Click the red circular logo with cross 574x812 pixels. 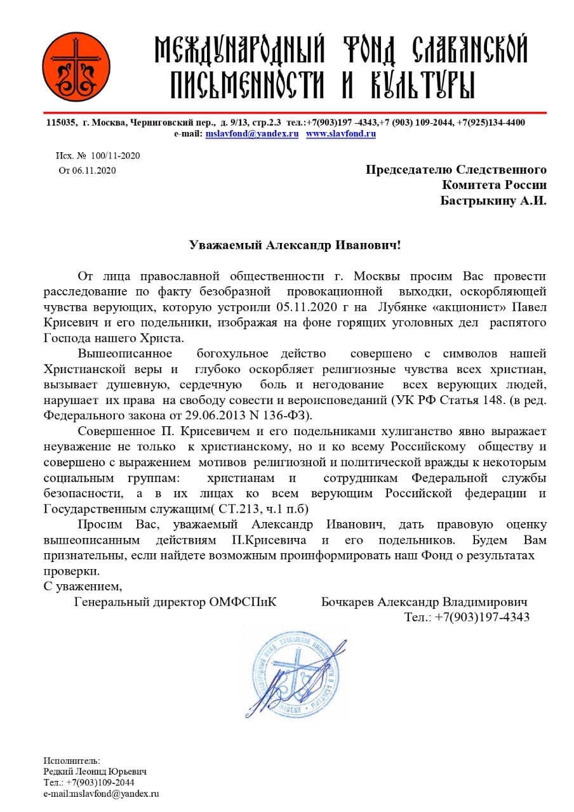click(72, 67)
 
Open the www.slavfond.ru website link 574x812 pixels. click(341, 134)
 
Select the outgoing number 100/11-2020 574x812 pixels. click(116, 156)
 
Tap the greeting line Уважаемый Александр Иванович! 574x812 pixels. click(295, 244)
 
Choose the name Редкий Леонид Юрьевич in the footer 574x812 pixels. click(95, 771)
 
